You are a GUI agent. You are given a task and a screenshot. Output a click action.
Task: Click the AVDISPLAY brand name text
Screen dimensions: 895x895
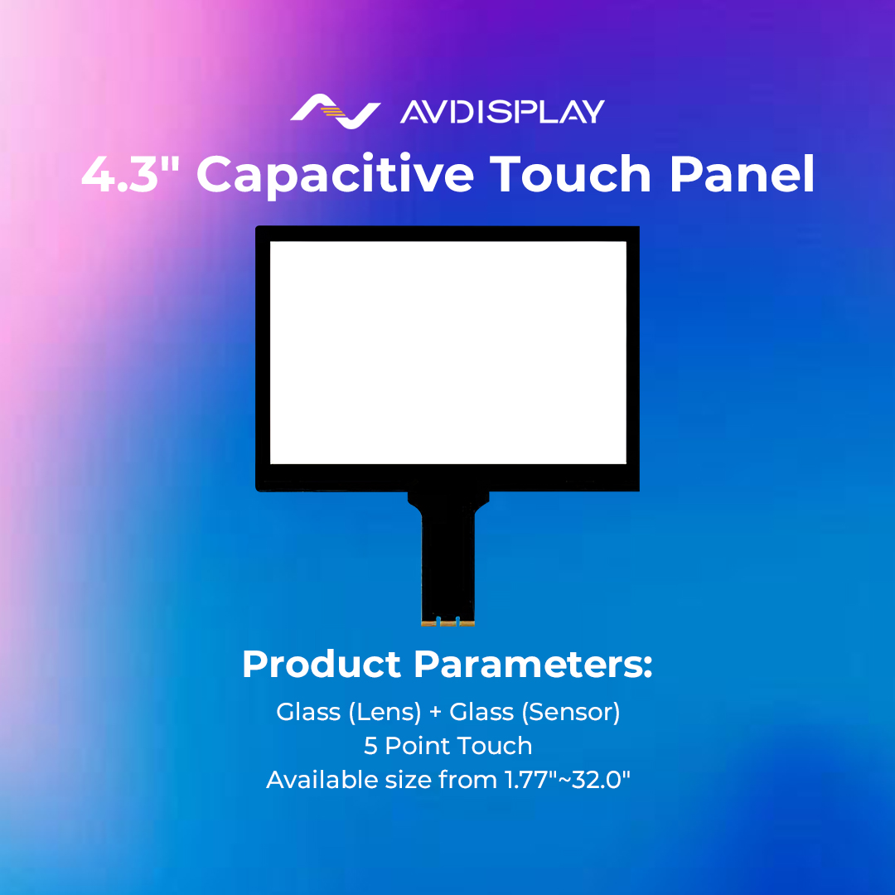coord(502,112)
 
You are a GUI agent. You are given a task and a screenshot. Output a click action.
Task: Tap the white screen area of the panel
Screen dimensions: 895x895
coord(447,352)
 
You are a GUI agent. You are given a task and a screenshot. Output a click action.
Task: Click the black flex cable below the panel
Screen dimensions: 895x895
coord(447,555)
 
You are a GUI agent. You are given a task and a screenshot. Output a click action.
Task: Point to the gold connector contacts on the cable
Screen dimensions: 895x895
coord(447,622)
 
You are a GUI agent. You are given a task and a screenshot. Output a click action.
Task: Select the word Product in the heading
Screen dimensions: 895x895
coord(322,665)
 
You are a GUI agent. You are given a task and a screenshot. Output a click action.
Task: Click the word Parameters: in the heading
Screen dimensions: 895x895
coord(533,665)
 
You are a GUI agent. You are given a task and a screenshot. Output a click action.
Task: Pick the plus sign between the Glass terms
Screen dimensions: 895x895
coord(435,712)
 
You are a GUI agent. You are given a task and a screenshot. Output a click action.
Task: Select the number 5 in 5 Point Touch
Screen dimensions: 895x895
coord(370,746)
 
